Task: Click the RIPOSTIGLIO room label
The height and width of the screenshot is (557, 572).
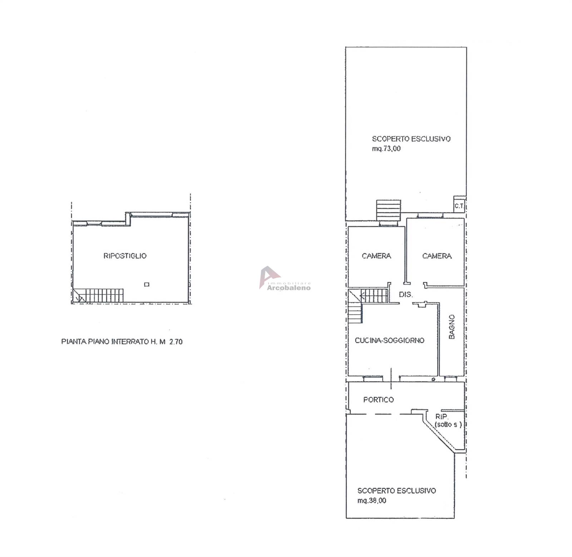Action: [x=125, y=256]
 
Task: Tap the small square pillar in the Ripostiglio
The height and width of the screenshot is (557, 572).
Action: [x=147, y=285]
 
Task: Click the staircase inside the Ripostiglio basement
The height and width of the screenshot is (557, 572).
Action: [x=98, y=295]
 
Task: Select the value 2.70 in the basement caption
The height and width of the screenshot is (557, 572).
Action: [x=176, y=342]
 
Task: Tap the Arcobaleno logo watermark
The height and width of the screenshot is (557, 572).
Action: [x=285, y=278]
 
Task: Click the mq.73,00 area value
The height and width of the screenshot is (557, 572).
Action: [x=386, y=149]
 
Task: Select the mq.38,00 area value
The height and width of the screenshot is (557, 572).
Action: [x=372, y=500]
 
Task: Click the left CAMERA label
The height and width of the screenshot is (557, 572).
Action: [x=376, y=256]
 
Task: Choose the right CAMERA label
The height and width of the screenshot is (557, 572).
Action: [x=437, y=256]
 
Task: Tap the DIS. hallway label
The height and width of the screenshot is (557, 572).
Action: [x=406, y=295]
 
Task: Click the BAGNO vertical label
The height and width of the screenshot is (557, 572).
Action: [x=452, y=327]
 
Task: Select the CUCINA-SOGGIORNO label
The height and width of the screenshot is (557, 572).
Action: [x=390, y=340]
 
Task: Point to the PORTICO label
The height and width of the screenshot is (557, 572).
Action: [x=379, y=399]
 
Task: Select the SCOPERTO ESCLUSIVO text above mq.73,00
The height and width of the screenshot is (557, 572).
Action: [x=411, y=139]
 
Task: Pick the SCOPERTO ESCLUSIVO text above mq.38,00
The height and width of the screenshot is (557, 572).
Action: [x=397, y=491]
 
